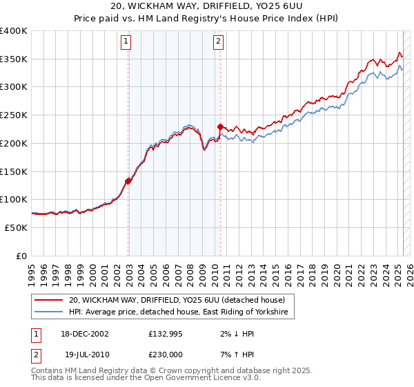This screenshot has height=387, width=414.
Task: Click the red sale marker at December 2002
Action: pos(128,181)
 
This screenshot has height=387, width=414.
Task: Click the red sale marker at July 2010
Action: pos(220,126)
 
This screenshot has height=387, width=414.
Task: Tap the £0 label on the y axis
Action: pos(21,256)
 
